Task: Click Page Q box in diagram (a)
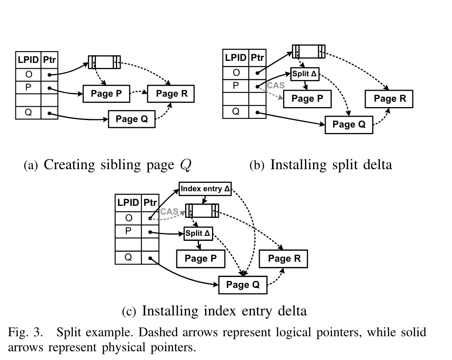[x=132, y=119]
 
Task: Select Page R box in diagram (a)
[x=171, y=94]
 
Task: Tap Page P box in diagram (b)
[x=307, y=99]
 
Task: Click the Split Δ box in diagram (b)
[x=305, y=74]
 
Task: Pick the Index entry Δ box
[x=205, y=189]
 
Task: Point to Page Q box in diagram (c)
[x=243, y=285]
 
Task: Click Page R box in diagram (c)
[x=284, y=259]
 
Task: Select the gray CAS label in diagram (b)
[x=276, y=86]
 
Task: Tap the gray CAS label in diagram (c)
[x=169, y=211]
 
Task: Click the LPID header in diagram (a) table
[x=28, y=60]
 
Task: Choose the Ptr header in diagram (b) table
[x=257, y=57]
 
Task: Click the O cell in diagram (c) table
[x=128, y=218]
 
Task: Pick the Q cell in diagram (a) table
[x=28, y=112]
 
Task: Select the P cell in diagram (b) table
[x=236, y=86]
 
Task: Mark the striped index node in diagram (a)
[x=104, y=62]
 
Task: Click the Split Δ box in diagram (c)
[x=198, y=233]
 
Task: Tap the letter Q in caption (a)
[x=185, y=165]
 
